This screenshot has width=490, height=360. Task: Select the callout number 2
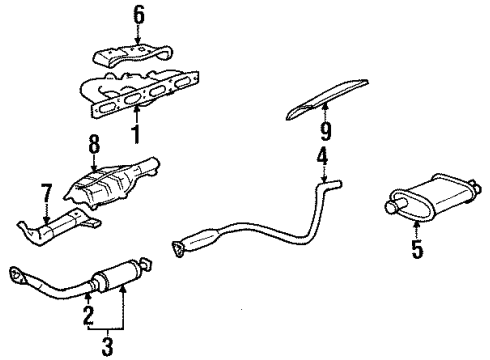(87, 317)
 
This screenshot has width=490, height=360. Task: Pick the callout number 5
(417, 246)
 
